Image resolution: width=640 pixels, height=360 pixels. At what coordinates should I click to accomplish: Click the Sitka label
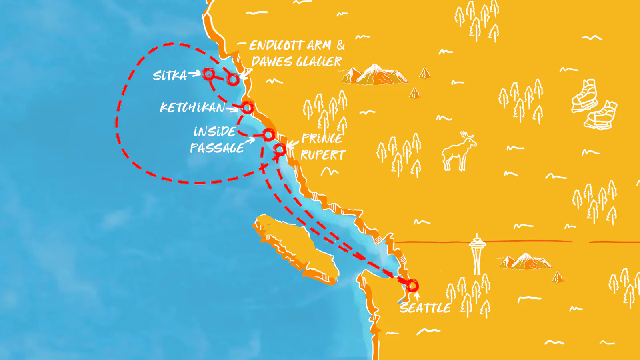point(170,76)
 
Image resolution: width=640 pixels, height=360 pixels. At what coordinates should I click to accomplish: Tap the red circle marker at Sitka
point(208,74)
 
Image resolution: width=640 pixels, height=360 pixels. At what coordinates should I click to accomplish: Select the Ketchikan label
point(192,108)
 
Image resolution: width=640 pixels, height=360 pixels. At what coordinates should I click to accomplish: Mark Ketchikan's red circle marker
point(247,108)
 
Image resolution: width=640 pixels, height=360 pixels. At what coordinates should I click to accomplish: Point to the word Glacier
point(319,62)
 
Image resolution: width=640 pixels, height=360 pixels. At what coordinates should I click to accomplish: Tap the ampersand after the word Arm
point(340,45)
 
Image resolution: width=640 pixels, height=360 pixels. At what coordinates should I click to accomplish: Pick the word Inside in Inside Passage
point(215,132)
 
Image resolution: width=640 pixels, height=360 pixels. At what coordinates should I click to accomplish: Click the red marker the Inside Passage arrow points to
point(268,135)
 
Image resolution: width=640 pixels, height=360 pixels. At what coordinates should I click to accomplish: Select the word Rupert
point(323,155)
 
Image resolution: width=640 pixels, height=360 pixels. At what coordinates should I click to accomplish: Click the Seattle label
point(425,308)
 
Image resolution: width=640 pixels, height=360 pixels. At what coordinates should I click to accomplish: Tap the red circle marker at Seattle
point(412,286)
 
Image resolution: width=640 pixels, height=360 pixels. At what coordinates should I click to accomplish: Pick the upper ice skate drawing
point(585,96)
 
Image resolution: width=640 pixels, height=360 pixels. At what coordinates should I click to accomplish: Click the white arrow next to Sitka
point(194,74)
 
